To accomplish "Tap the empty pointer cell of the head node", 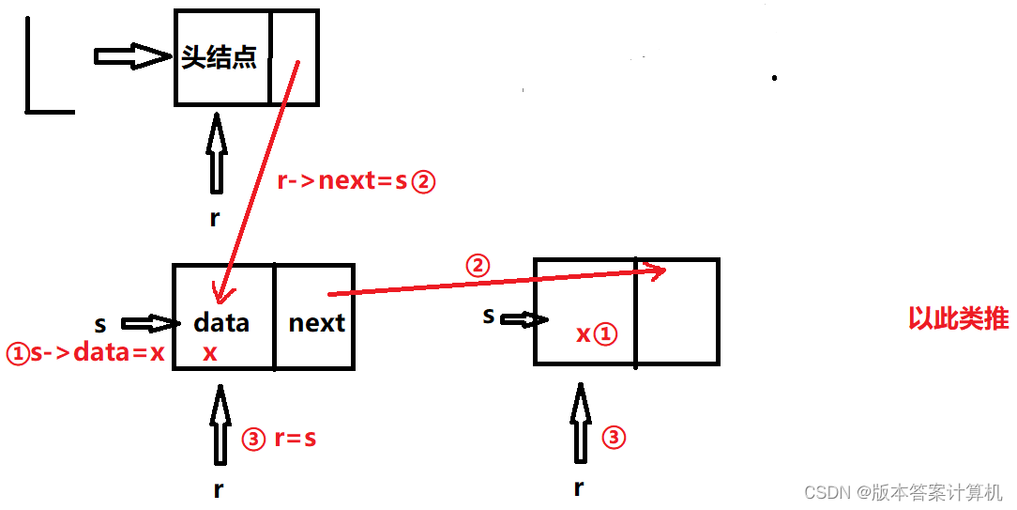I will coord(295,56).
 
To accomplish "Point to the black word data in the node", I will coord(221,323).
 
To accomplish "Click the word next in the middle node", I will coord(317,323).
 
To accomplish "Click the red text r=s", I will coord(295,439).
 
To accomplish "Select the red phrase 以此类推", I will coord(958,319).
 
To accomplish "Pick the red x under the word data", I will coord(210,353).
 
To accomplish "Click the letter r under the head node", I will coord(215,218).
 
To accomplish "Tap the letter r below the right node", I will coord(579,487).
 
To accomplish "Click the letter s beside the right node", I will coord(489,316).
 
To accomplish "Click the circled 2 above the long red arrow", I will coord(478,266).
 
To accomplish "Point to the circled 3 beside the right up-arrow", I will coord(613,437).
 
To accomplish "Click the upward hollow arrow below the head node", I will coord(217,154).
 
